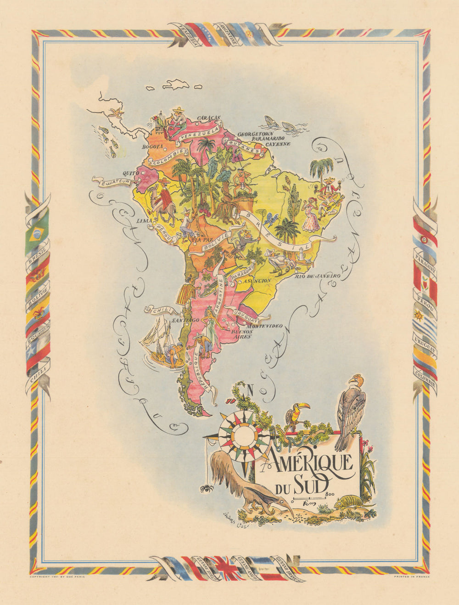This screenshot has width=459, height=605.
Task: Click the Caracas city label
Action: click(209, 118)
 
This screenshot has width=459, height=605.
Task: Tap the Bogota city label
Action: click(153, 147)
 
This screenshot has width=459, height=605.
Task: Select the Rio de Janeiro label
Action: click(317, 276)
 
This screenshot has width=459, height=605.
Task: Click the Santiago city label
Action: click(185, 319)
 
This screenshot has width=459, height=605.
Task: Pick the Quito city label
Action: click(130, 174)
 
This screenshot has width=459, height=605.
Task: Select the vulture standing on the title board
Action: click(351, 411)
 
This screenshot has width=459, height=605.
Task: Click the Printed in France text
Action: click(412, 577)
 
